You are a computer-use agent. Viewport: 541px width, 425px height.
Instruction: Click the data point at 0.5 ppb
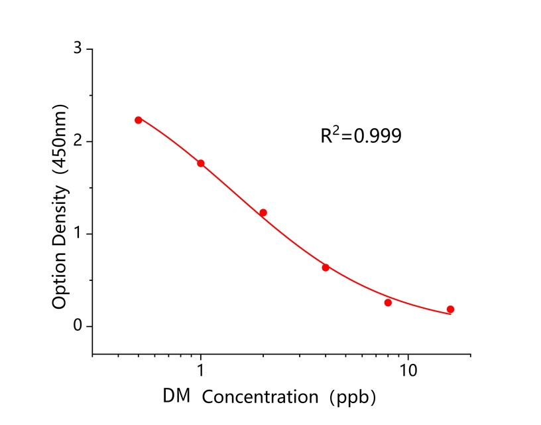point(139,120)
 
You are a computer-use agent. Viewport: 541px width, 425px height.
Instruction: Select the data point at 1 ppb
point(201,163)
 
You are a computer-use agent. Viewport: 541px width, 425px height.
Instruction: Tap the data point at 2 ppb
point(263,212)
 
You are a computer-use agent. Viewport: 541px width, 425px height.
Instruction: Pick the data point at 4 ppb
point(326,268)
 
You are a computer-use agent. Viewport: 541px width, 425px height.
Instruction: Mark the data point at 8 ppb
point(388,303)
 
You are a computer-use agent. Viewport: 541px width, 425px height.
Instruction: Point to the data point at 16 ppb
point(450,309)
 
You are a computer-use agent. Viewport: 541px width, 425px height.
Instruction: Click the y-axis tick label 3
point(78,49)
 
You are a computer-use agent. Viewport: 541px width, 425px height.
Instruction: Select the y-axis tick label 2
point(78,141)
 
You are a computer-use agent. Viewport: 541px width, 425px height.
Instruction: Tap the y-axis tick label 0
point(78,326)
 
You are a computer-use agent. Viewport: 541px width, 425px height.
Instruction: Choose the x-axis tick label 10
point(408,370)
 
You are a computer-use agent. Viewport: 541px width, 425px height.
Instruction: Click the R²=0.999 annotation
point(361,136)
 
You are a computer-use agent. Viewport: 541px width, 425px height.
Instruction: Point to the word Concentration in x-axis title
point(260,398)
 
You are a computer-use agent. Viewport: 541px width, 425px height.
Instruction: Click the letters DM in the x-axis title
point(177,397)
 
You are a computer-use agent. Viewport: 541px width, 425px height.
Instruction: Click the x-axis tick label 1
point(201,370)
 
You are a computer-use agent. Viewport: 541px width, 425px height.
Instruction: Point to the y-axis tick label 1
point(78,234)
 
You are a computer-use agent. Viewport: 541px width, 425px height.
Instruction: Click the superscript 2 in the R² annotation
point(337,130)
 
